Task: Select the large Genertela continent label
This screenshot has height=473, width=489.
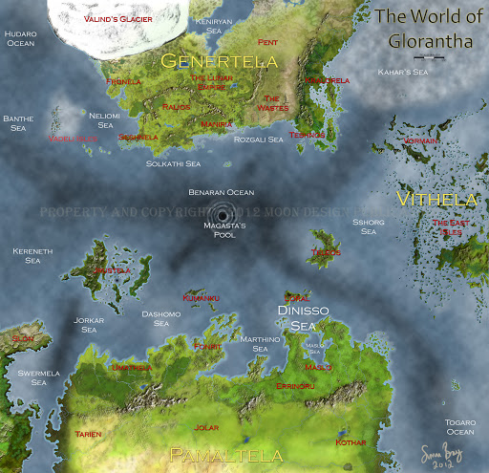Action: (220, 61)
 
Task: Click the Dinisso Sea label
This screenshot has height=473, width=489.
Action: (303, 317)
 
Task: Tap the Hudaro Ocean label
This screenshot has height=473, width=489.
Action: (20, 38)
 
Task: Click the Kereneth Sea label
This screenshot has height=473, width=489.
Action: (27, 255)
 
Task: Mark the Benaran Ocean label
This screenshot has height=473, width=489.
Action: (221, 192)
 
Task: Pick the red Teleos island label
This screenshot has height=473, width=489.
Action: (326, 252)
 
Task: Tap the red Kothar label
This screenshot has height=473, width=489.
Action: (351, 442)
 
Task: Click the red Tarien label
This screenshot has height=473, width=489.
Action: (89, 433)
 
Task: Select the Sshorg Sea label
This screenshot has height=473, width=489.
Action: (368, 226)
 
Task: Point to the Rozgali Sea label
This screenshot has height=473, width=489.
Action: (258, 140)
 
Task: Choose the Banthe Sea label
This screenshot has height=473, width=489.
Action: (18, 122)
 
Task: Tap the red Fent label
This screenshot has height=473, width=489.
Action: (267, 43)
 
